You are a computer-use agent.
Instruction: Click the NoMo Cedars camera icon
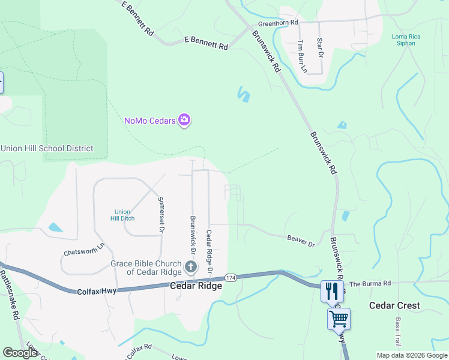(x=184, y=120)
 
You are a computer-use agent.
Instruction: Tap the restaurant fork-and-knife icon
(x=330, y=291)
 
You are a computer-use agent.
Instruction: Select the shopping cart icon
(x=339, y=319)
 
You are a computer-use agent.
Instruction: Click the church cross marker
(x=191, y=267)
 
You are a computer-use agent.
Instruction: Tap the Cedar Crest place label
(x=395, y=305)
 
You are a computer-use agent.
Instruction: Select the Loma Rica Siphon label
(x=406, y=40)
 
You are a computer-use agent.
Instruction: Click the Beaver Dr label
(x=301, y=241)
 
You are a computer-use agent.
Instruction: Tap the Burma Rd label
(x=370, y=283)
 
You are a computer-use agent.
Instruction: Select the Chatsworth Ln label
(x=84, y=245)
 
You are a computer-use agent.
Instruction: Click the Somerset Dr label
(x=161, y=214)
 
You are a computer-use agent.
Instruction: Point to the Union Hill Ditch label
(x=122, y=215)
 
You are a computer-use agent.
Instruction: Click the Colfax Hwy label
(x=97, y=291)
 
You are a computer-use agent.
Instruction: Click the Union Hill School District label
(x=47, y=148)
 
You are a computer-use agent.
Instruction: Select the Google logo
(x=20, y=353)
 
